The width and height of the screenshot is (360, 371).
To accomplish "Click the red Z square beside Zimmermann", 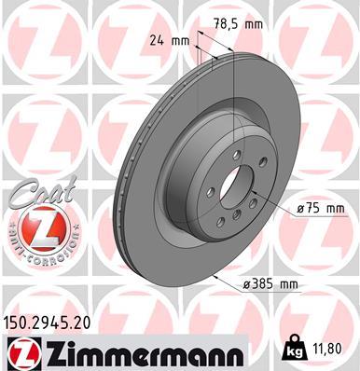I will pyautogui.click(x=21, y=350).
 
